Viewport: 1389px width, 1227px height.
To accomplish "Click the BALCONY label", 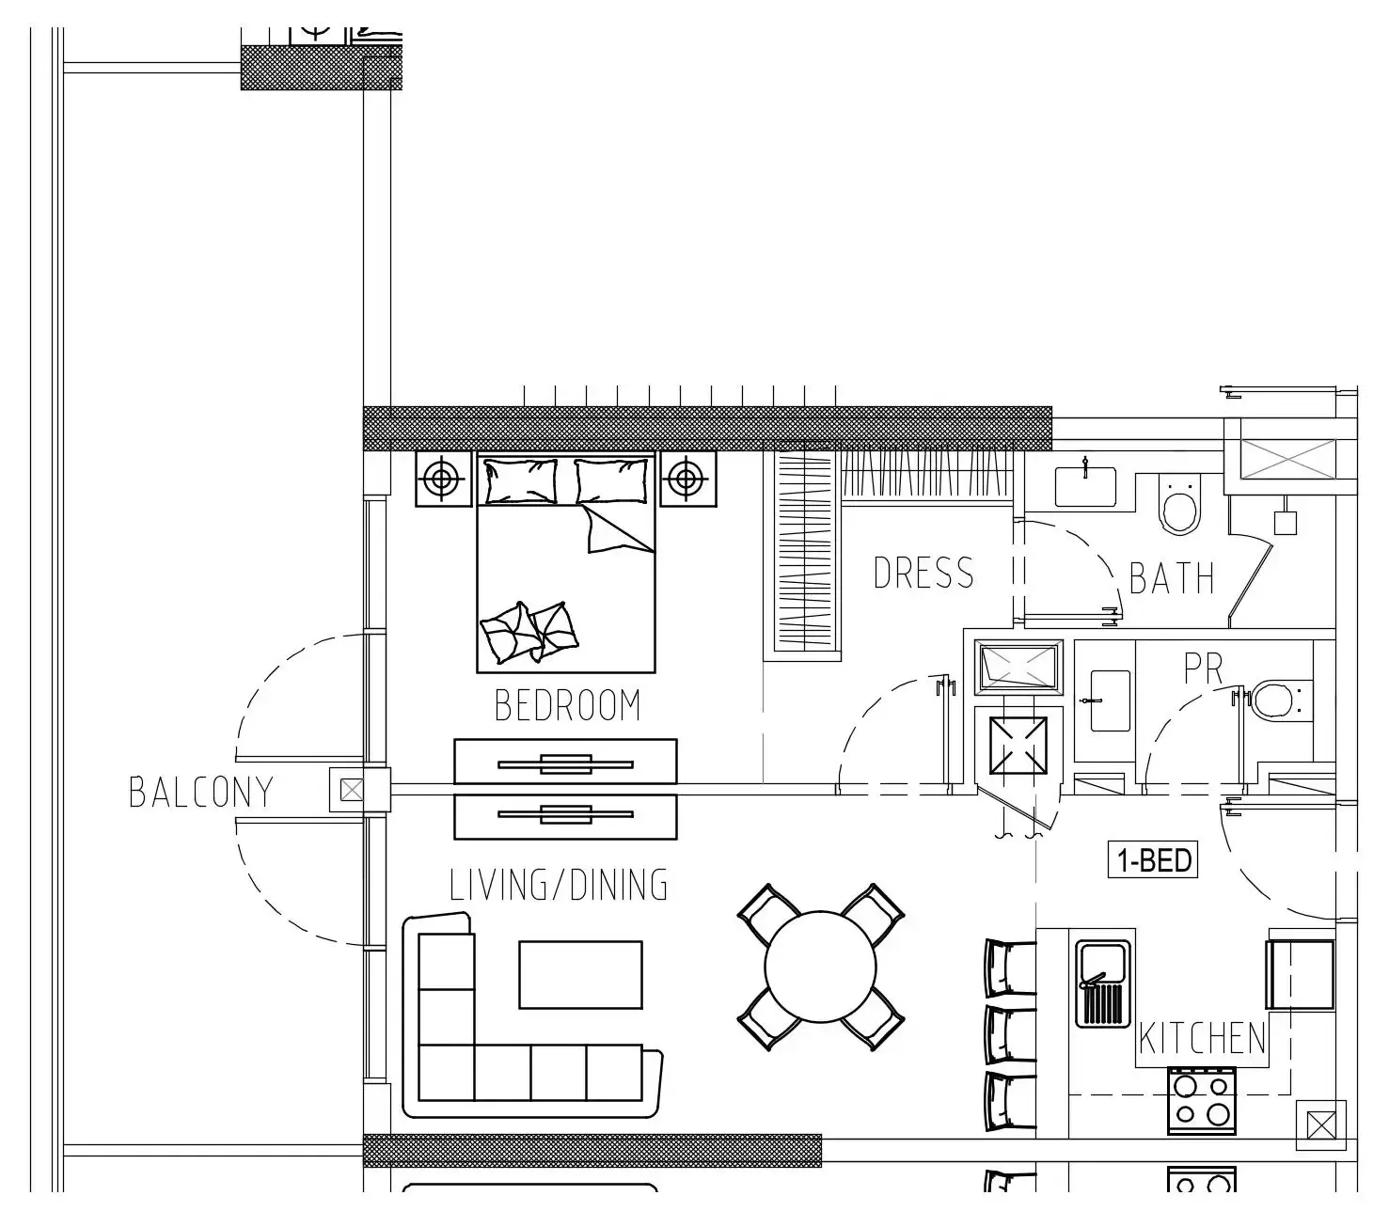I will click(x=200, y=792).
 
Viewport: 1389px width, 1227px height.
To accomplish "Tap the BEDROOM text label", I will click(x=567, y=705).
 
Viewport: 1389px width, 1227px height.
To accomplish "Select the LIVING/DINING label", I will click(x=559, y=886).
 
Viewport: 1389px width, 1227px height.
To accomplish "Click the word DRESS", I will click(x=923, y=573).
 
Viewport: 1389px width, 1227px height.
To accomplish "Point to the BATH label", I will click(x=1171, y=578).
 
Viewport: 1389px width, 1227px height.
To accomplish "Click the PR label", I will click(x=1203, y=669).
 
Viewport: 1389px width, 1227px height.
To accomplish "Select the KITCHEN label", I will click(x=1203, y=1038).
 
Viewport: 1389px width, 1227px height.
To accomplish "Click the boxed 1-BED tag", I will click(x=1153, y=860).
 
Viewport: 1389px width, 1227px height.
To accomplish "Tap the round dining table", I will click(x=820, y=967).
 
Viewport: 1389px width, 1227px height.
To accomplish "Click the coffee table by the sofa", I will click(x=580, y=974).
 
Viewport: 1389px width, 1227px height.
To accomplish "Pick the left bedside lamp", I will click(x=441, y=480).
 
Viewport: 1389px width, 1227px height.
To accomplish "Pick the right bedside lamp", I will click(x=687, y=480).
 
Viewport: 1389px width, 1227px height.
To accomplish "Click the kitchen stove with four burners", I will click(x=1201, y=1100).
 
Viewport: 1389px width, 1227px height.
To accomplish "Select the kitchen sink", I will click(x=1103, y=983).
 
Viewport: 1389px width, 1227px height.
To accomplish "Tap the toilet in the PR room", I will click(x=1274, y=700).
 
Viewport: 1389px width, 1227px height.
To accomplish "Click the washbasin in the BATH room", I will click(x=1085, y=485).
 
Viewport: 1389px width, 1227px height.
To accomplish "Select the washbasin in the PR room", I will click(x=1109, y=700).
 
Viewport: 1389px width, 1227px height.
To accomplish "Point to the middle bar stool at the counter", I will click(x=1009, y=1033).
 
